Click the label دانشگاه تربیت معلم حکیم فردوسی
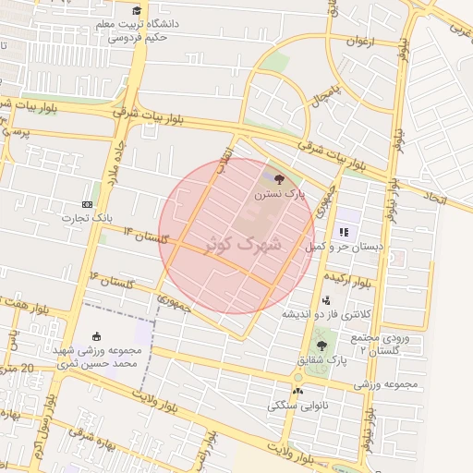[142, 30]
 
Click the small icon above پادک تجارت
[87, 203]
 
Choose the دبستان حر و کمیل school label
[348, 248]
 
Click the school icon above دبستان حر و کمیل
[344, 231]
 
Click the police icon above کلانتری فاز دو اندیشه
[325, 300]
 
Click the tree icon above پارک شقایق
[321, 345]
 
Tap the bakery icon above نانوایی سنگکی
[297, 390]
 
